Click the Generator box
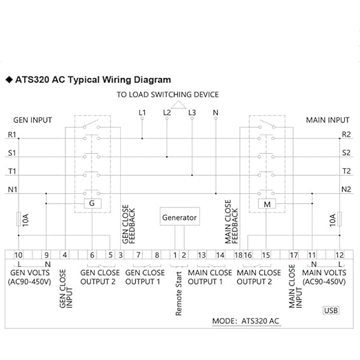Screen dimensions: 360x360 click(180, 217)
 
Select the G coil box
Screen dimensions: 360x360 click(92, 203)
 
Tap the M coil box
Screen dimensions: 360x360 click(267, 204)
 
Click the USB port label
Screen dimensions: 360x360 click(331, 310)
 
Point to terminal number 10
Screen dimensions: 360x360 click(19, 255)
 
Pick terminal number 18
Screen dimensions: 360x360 click(239, 255)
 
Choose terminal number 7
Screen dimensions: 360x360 click(138, 255)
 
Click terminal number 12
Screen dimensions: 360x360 click(339, 255)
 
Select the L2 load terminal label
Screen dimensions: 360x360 click(167, 112)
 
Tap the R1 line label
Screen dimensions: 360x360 click(12, 134)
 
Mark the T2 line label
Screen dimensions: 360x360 click(346, 171)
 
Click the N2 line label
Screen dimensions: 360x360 click(346, 190)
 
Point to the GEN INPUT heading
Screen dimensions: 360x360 click(32, 120)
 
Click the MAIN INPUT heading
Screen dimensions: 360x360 click(328, 120)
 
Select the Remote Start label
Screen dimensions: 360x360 click(179, 294)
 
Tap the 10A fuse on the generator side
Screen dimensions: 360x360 click(19, 219)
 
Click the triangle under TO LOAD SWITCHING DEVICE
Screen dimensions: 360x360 click(179, 105)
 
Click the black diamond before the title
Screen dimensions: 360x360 click(10, 80)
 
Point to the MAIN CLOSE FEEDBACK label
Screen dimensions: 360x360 click(231, 221)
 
